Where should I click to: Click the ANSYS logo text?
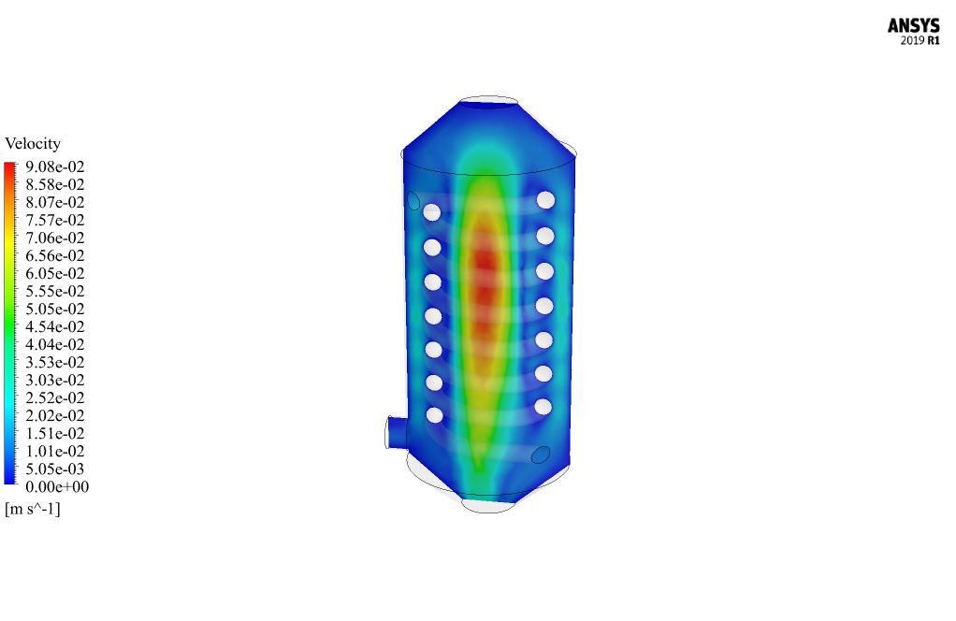pos(913,25)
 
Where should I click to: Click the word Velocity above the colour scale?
pos(33,144)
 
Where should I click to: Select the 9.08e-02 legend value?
pos(55,167)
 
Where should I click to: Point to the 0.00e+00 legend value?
pos(57,487)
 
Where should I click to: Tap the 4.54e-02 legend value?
pos(55,326)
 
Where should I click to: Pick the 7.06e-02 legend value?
pos(55,238)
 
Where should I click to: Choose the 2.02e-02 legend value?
pos(55,415)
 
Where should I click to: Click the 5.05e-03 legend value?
pos(55,469)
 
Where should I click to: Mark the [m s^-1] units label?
pos(33,509)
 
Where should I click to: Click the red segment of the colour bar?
pos(9,173)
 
